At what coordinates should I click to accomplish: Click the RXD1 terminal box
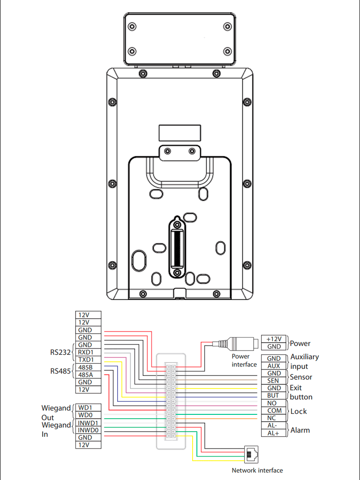coord(88,352)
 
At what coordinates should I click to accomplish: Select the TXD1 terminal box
coord(88,360)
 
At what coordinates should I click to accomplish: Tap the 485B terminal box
coord(88,367)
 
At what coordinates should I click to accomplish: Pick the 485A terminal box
coord(88,375)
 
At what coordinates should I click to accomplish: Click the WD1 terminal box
coord(88,407)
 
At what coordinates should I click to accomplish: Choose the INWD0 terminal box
coord(88,430)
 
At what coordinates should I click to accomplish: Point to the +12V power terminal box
coord(274,339)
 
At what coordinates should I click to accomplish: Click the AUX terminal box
coord(274,366)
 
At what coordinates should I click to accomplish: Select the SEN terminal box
coord(274,381)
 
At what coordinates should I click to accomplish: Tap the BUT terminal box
coord(274,396)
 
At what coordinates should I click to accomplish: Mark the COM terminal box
coord(274,411)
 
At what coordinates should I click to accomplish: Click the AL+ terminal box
coord(274,433)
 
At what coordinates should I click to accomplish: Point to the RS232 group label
coord(60,352)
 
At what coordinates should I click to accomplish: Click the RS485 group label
coord(60,371)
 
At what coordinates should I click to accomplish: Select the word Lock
coord(299,411)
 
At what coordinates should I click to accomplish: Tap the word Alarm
coord(300,430)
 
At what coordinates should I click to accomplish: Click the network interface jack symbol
coord(251,455)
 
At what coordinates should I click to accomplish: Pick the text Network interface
coord(257,470)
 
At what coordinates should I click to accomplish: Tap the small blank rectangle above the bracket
coord(180,133)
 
